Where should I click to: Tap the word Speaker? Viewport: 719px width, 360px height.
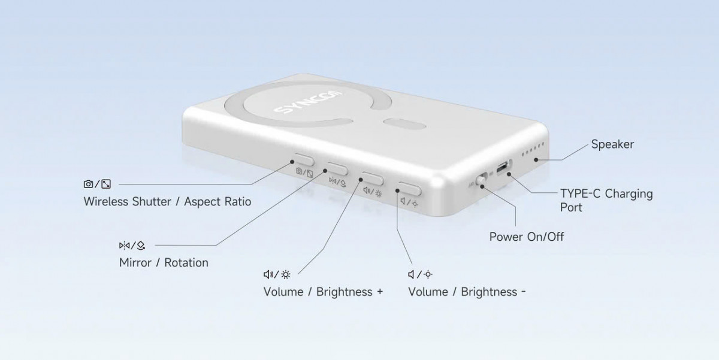click(612, 144)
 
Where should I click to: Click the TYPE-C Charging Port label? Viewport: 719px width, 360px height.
click(606, 200)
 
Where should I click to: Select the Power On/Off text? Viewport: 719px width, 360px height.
click(527, 237)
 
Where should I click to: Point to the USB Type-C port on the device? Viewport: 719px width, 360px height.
click(503, 167)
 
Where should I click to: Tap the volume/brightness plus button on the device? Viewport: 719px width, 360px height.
click(373, 179)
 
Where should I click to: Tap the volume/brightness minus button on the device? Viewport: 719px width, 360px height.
click(410, 188)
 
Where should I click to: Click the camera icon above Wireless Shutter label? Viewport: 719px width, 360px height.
click(88, 184)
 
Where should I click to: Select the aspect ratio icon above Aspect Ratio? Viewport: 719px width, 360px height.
click(106, 184)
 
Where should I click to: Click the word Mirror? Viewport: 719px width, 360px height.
click(135, 263)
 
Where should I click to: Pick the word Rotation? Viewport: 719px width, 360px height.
click(186, 263)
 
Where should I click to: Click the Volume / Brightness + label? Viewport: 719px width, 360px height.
click(323, 292)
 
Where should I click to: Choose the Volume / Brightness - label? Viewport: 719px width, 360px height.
click(467, 292)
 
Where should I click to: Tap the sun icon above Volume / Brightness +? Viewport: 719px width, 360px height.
click(286, 275)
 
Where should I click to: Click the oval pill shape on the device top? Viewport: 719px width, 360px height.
click(404, 125)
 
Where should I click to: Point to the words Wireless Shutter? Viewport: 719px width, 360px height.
click(128, 202)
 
